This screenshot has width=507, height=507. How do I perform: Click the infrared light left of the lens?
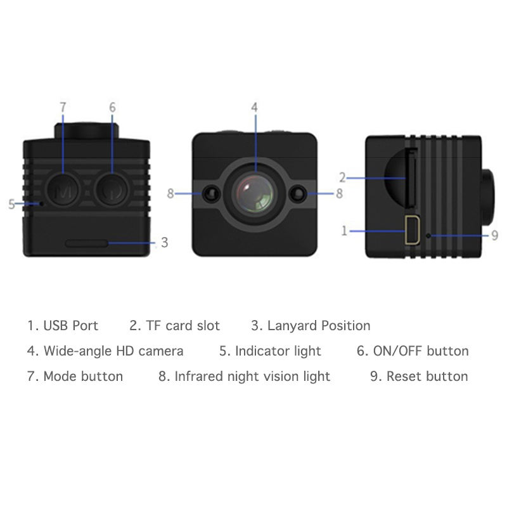[210, 193]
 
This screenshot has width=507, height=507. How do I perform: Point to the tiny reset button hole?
[429, 236]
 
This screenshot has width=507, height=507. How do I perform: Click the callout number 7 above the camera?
[62, 108]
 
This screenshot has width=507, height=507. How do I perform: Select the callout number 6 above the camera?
[112, 108]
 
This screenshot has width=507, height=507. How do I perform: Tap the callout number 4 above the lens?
[254, 108]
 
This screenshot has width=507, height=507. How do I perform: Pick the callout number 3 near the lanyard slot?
[164, 243]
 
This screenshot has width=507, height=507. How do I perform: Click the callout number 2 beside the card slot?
[342, 178]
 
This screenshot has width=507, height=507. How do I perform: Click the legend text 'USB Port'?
[70, 326]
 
